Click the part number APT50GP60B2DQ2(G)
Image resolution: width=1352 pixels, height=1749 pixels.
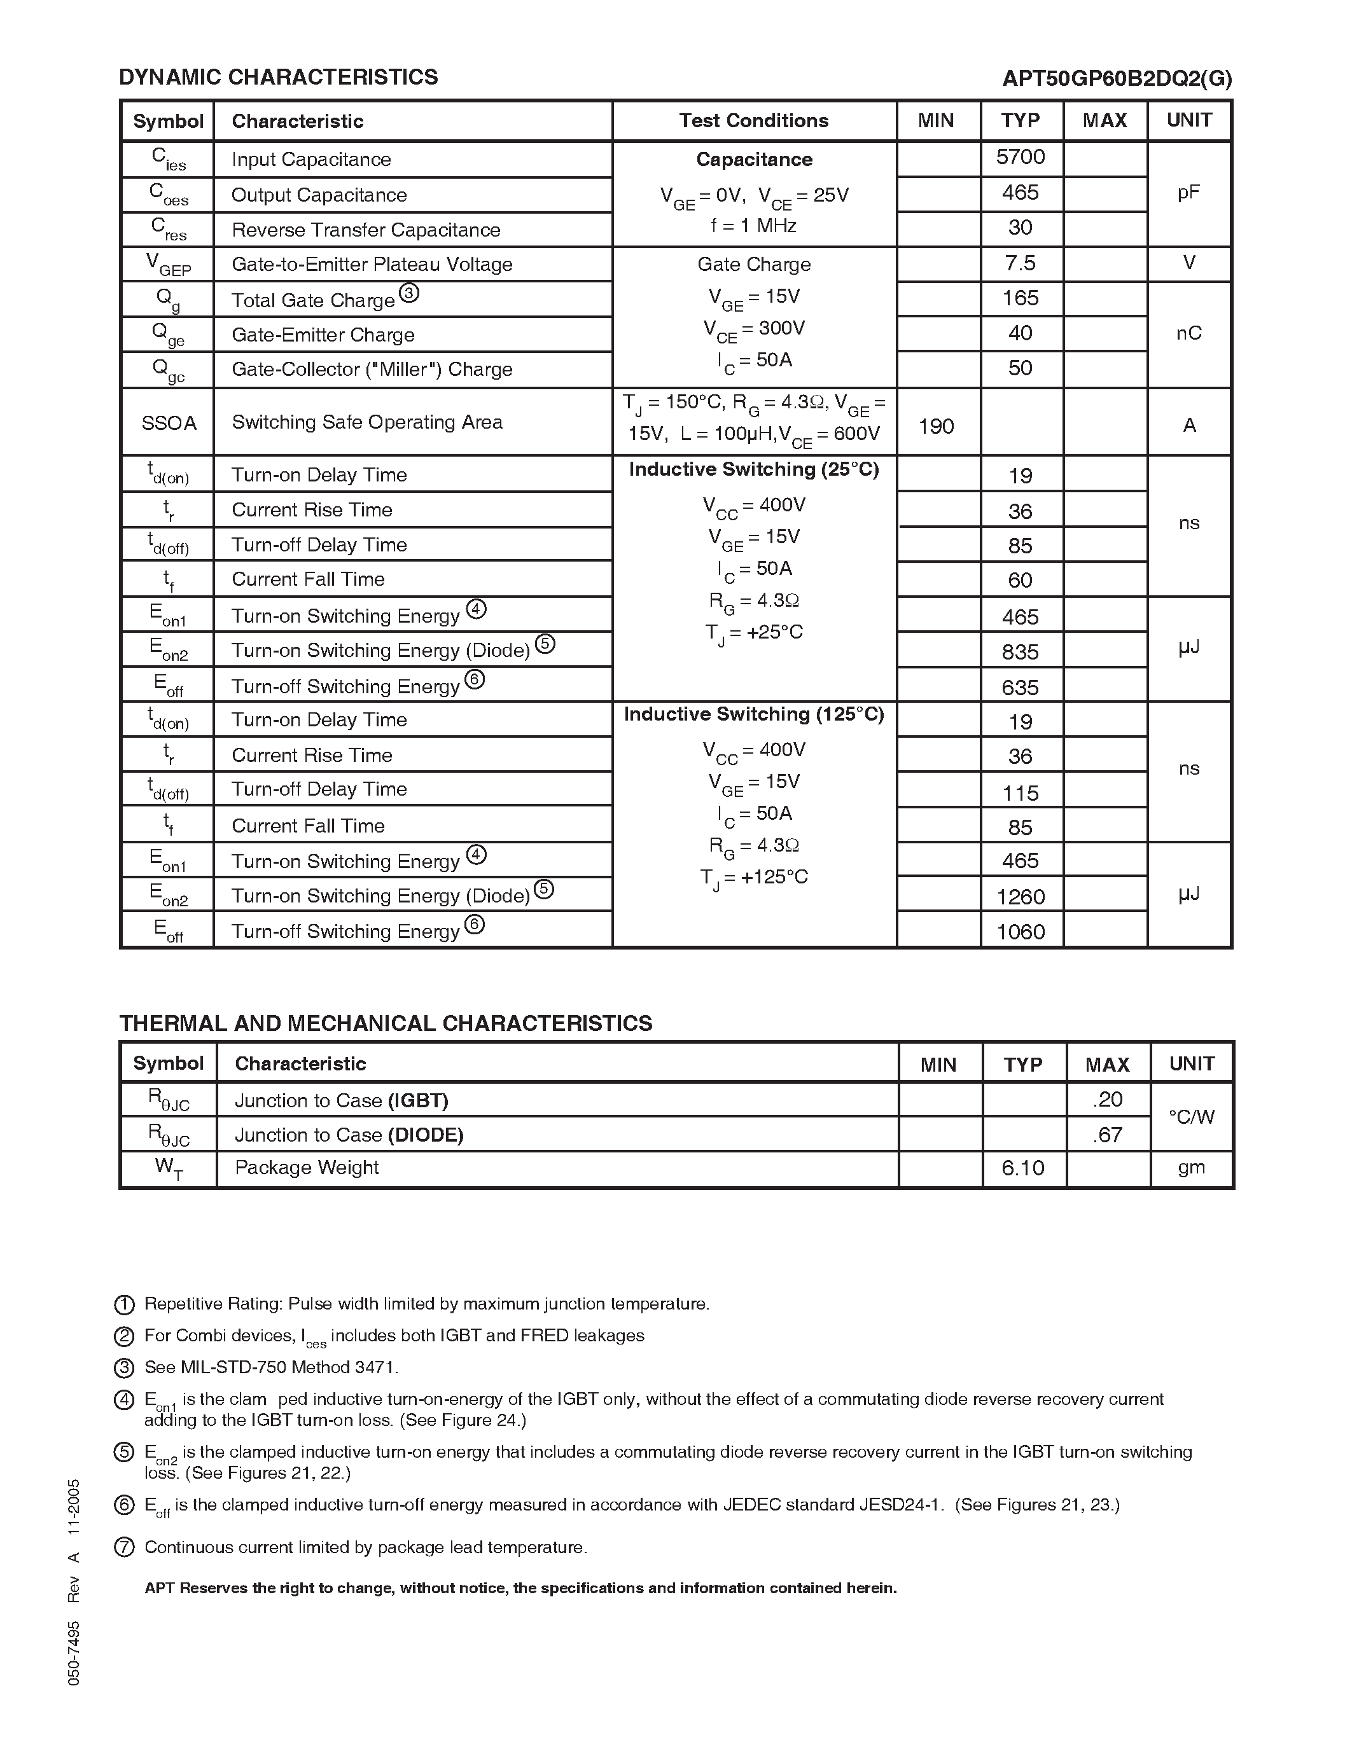[x=1117, y=78]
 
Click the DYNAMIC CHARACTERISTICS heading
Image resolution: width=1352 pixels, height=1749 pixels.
[x=278, y=77]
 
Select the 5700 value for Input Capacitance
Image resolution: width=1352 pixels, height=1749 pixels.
[x=1021, y=157]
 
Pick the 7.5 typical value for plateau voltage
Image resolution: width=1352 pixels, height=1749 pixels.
[x=1021, y=263]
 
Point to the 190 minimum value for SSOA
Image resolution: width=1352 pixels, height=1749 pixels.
[x=935, y=426]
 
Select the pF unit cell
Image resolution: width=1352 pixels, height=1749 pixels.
[x=1188, y=193]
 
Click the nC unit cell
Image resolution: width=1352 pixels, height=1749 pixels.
[x=1188, y=333]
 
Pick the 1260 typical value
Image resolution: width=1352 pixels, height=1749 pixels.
[x=1021, y=897]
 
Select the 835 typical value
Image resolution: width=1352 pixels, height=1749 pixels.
[x=1021, y=653]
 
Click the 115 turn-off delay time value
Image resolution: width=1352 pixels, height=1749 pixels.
[x=1021, y=793]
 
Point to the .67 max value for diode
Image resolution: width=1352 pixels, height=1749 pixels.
[x=1107, y=1135]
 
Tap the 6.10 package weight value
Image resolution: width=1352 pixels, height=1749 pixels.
[x=1023, y=1168]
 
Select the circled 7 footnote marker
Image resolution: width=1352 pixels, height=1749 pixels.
[x=124, y=1548]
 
